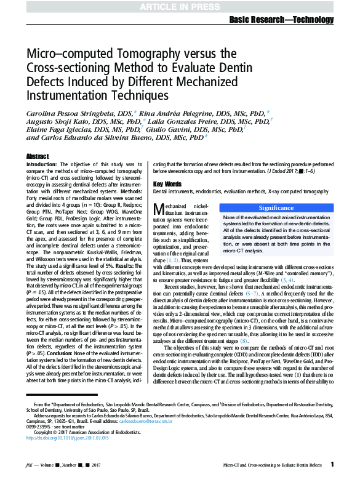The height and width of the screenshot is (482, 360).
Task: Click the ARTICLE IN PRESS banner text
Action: point(180,7)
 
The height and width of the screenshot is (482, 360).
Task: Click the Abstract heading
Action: point(38,157)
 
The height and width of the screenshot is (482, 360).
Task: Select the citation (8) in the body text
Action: point(244,340)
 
